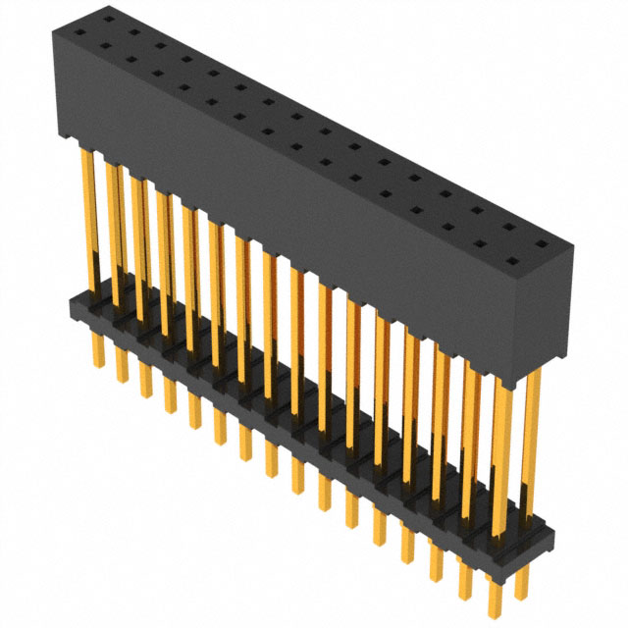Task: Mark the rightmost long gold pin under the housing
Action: (533, 442)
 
